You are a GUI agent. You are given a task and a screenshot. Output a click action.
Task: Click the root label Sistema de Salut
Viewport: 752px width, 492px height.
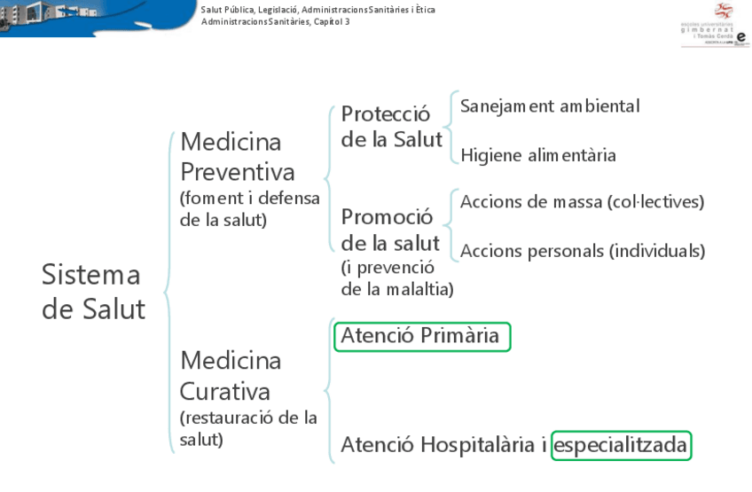pos(93,292)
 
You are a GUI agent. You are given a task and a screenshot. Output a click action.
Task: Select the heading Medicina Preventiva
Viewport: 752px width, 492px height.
pos(237,156)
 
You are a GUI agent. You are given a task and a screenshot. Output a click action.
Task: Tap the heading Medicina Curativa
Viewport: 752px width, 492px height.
pos(231,376)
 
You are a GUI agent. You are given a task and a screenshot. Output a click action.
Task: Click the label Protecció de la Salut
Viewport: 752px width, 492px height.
pos(391,127)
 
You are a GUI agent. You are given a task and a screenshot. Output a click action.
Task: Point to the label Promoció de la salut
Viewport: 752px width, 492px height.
pos(390,230)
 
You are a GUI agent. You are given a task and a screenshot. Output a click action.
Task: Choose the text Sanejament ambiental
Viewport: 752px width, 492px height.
pos(550,106)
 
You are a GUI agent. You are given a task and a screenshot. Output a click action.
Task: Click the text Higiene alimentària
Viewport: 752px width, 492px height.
pos(538,155)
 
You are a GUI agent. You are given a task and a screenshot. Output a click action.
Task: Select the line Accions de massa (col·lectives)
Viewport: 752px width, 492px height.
pos(582,201)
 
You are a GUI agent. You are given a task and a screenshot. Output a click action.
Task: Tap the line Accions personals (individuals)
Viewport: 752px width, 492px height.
pos(583,251)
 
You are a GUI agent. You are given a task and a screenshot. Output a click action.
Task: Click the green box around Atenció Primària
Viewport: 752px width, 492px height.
pos(422,336)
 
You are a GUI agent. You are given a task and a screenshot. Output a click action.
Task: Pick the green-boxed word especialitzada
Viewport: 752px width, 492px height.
pos(621,445)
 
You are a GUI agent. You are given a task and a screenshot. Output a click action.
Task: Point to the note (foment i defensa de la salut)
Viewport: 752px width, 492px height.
pos(249,208)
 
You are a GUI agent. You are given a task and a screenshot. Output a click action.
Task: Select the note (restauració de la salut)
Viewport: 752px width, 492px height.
pos(248,427)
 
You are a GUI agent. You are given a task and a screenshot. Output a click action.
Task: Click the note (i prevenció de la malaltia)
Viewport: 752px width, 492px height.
pos(396,277)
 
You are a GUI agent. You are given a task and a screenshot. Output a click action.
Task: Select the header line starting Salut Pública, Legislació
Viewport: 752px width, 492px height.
pos(317,10)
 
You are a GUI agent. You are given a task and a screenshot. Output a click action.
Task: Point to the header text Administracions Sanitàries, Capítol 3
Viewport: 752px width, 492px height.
pos(275,21)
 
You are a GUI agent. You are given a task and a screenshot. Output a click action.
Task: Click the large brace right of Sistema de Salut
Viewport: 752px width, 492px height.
pos(168,293)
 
